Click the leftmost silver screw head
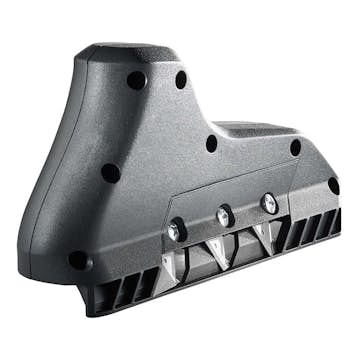click(176, 229)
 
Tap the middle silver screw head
click(224, 215)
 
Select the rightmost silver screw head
click(268, 202)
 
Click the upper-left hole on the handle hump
click(136, 80)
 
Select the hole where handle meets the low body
click(211, 143)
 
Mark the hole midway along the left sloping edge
click(111, 173)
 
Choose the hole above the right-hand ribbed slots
click(295, 147)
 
